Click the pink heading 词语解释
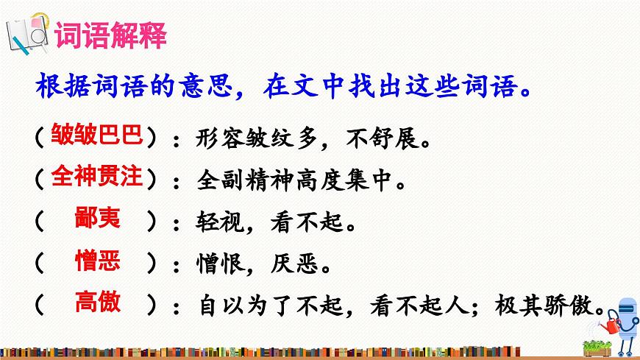111,37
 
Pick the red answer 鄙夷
98,218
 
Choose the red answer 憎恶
98,260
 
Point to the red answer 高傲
98,302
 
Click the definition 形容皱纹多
249,137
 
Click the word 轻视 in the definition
218,221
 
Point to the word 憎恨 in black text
218,263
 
